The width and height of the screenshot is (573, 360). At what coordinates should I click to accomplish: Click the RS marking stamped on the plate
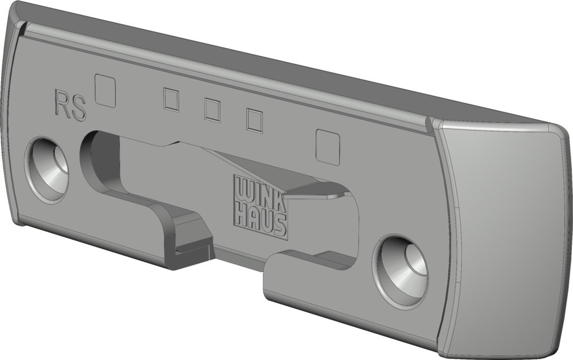coord(70,104)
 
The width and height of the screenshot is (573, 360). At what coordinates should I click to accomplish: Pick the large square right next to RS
coord(105,90)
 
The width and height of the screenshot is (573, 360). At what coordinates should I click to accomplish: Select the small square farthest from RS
coord(255,120)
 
